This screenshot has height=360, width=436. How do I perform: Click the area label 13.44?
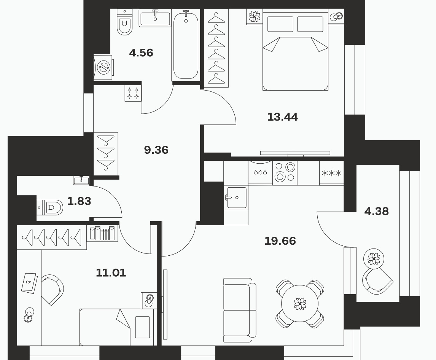[x=283, y=117]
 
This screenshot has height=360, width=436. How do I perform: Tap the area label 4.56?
[x=141, y=53]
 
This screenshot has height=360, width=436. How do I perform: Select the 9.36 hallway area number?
[x=156, y=150]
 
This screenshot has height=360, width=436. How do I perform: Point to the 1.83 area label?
[x=79, y=201]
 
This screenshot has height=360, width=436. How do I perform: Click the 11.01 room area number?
[x=111, y=272]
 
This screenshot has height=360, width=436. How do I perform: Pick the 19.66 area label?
[x=280, y=241]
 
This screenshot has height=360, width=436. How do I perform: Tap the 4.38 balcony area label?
[x=377, y=211]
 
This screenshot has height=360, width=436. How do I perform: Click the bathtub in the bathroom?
[x=186, y=45]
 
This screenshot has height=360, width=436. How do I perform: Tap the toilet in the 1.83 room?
[x=50, y=207]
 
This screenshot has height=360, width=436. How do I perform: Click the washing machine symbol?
[x=103, y=67]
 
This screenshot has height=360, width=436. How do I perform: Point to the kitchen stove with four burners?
[x=285, y=173]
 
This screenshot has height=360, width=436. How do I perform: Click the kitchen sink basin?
[x=237, y=198]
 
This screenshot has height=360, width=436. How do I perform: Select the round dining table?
[x=300, y=303]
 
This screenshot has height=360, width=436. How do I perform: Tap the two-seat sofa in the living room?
[x=240, y=310]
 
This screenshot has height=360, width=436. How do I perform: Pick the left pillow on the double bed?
[x=280, y=24]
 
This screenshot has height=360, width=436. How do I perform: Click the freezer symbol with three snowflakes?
[x=331, y=173]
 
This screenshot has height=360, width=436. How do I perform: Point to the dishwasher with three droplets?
[x=260, y=172]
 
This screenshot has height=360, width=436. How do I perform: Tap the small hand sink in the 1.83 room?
[x=81, y=180]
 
